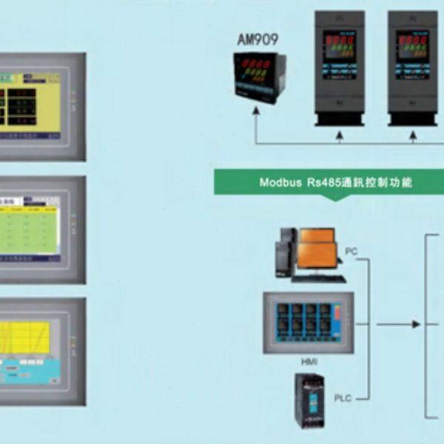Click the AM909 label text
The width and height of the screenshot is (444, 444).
click(256, 40)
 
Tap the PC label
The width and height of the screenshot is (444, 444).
click(351, 252)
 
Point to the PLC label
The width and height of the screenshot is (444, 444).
click(343, 399)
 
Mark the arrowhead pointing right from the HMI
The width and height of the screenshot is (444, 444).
click(416, 324)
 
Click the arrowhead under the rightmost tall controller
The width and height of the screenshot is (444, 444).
click(412, 135)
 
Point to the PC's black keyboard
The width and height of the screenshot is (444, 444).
click(320, 279)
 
